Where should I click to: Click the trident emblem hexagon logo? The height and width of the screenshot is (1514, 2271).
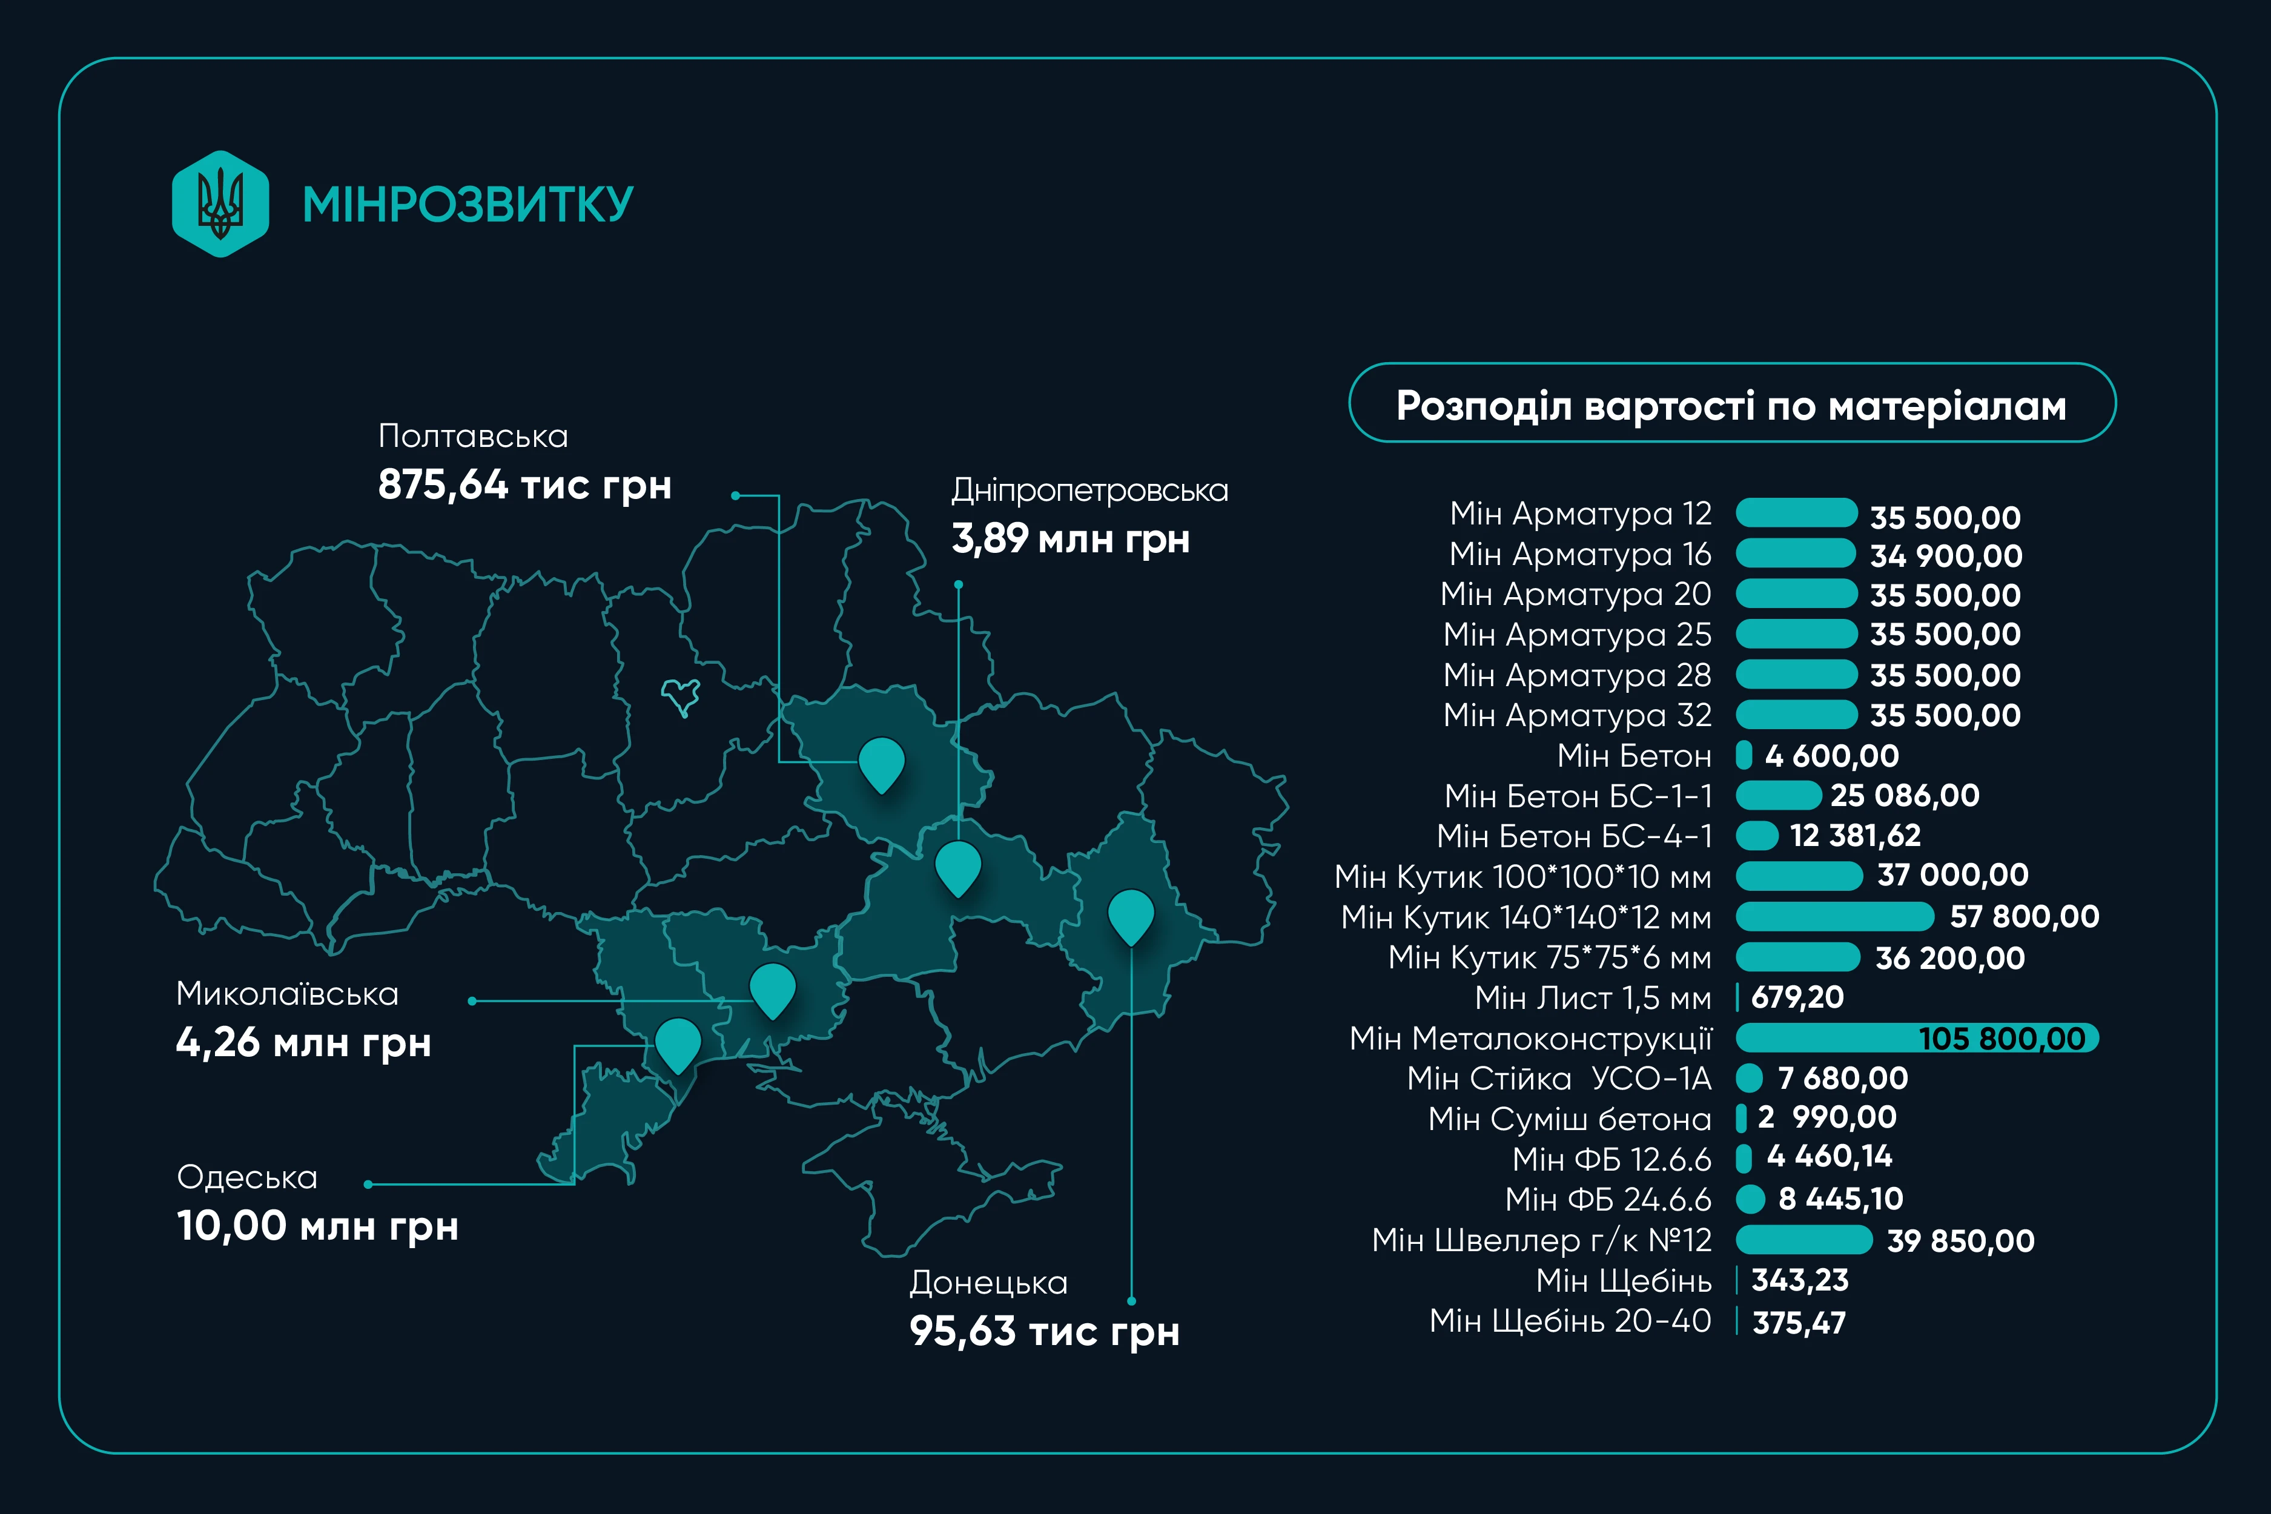pyautogui.click(x=220, y=203)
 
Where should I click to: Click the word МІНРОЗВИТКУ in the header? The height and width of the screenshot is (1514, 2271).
pyautogui.click(x=468, y=205)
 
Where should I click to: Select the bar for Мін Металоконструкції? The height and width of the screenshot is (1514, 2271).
pyautogui.click(x=1917, y=1038)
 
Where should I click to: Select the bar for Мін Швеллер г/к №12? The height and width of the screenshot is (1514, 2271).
pyautogui.click(x=1803, y=1240)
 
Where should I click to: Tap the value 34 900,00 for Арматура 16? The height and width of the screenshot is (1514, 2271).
pyautogui.click(x=1946, y=556)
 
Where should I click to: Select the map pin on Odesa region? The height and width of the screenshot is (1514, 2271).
pyautogui.click(x=678, y=1043)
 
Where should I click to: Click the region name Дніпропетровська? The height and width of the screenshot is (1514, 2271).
pyautogui.click(x=1089, y=491)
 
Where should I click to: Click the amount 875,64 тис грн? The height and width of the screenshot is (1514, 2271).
pyautogui.click(x=524, y=484)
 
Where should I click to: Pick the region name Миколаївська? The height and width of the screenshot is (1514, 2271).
pyautogui.click(x=287, y=994)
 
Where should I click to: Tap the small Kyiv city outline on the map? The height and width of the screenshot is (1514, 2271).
pyautogui.click(x=681, y=695)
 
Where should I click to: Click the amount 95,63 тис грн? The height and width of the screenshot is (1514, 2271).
pyautogui.click(x=1044, y=1332)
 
